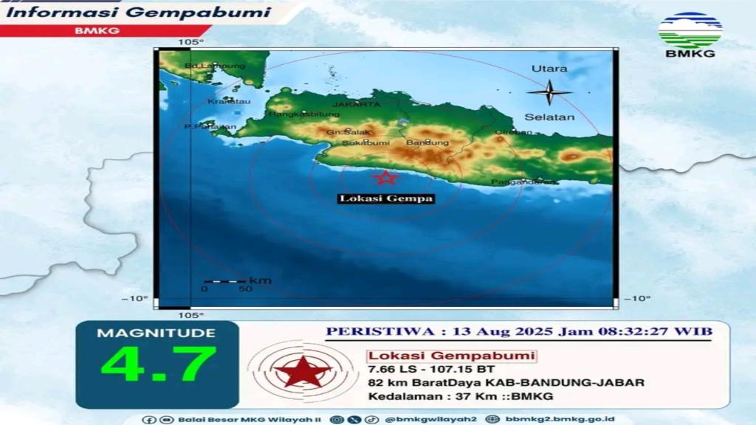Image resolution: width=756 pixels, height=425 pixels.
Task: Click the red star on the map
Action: tap(385, 177)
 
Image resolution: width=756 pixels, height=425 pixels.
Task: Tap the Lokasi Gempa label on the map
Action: tap(386, 198)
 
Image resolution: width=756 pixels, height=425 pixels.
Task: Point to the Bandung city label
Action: tap(422, 142)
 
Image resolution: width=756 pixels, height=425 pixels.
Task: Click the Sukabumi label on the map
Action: tap(362, 142)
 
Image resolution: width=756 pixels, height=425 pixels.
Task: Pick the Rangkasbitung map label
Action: tap(304, 114)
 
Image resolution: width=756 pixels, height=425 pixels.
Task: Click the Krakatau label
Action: tap(223, 100)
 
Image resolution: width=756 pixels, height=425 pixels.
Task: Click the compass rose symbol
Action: tap(549, 92)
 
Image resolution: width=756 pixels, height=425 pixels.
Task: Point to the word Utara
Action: tap(549, 69)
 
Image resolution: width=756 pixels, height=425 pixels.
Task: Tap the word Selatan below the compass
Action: tap(549, 117)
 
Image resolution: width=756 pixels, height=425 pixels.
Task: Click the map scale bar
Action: tap(224, 281)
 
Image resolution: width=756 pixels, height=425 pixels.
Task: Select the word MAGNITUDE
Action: tap(157, 334)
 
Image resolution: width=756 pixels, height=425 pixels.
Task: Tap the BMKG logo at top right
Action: tap(690, 34)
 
